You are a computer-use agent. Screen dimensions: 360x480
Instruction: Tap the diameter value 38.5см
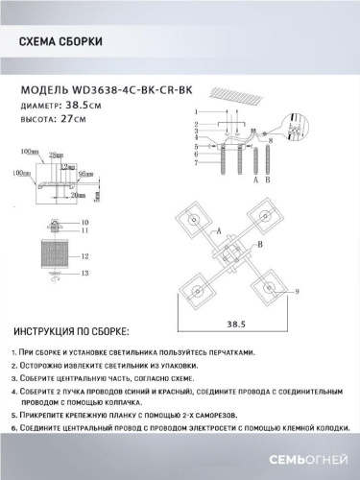pos(81,106)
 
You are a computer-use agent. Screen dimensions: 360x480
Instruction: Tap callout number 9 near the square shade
pos(297,291)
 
